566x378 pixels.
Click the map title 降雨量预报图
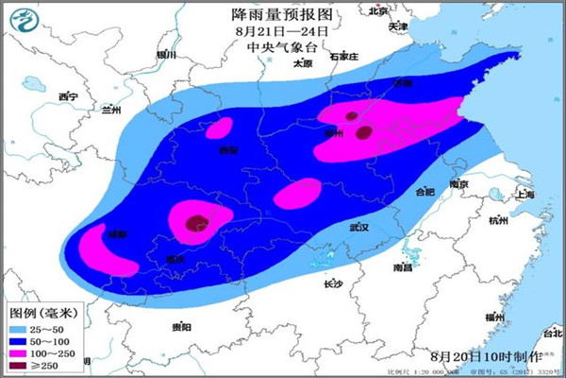click(x=283, y=14)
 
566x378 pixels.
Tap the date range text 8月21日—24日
click(x=283, y=30)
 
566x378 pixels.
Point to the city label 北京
click(x=379, y=12)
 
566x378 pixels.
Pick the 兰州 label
click(x=111, y=110)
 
